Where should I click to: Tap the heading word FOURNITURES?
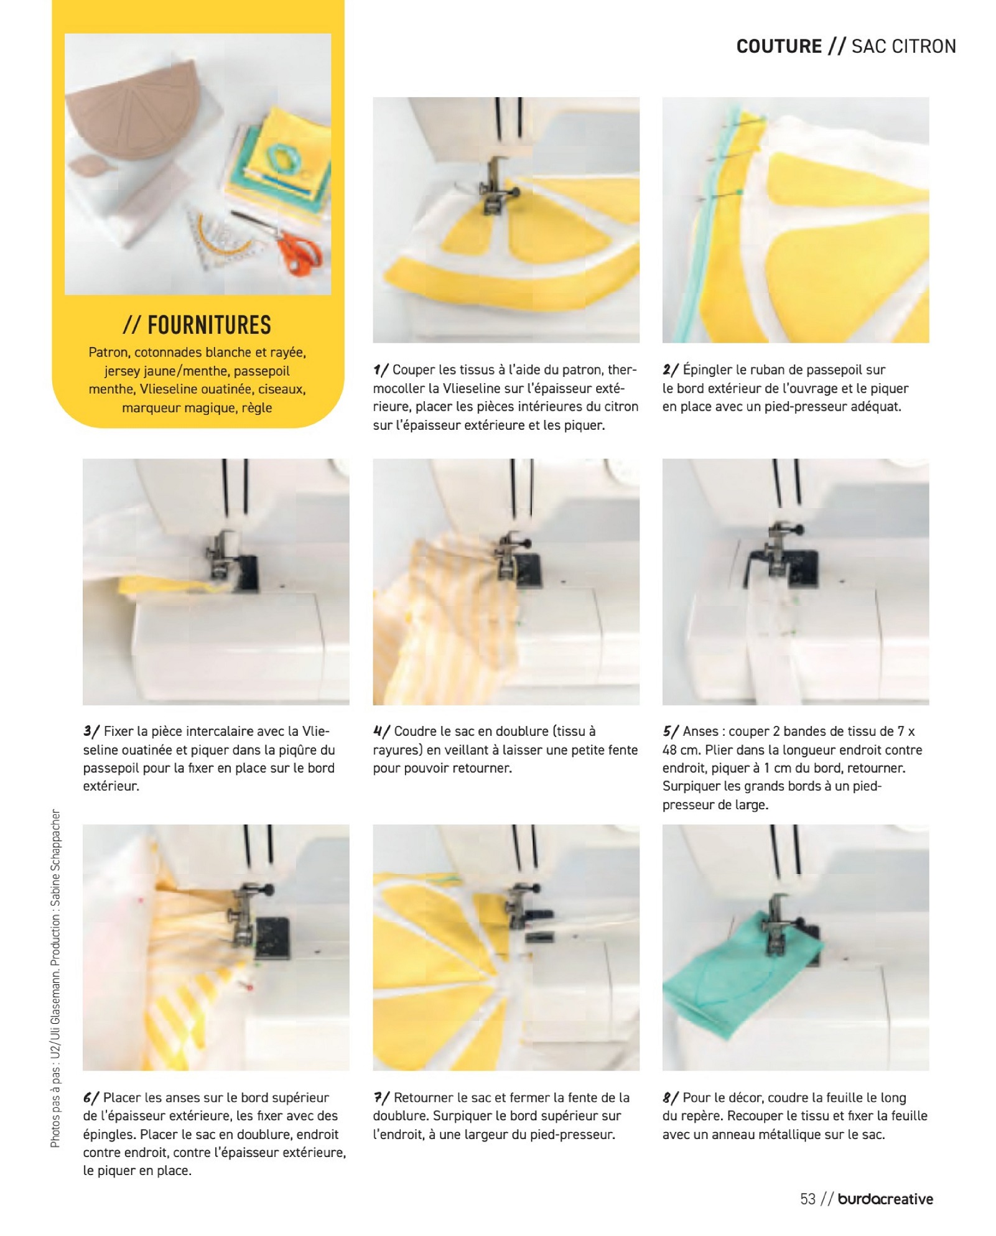(209, 325)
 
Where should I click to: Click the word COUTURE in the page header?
(779, 47)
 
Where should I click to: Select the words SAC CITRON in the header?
(903, 47)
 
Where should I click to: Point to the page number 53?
(808, 1199)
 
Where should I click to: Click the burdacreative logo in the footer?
(885, 1199)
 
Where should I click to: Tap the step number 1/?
(380, 370)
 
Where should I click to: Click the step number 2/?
(670, 370)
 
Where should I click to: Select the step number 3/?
(91, 732)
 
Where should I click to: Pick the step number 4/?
(381, 732)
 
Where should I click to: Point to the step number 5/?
(670, 732)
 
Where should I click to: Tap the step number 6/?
(91, 1098)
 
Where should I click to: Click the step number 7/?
(381, 1098)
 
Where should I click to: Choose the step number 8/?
(670, 1098)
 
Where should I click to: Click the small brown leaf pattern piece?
(92, 165)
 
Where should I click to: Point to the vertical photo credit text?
(56, 978)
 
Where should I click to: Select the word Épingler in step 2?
(707, 370)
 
